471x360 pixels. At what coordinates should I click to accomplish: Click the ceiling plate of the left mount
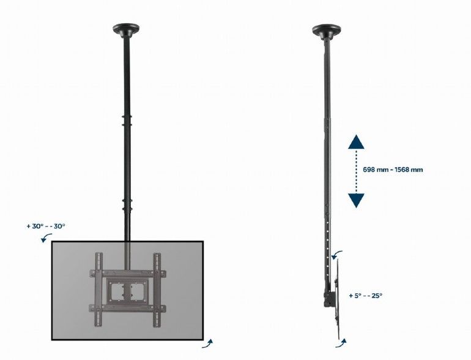(x=125, y=29)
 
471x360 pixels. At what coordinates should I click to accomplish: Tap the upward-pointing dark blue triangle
(x=356, y=143)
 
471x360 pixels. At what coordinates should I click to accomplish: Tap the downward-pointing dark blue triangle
(x=356, y=200)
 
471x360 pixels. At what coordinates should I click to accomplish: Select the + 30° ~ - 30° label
(x=46, y=226)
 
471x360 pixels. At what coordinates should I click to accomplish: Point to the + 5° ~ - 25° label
(x=365, y=295)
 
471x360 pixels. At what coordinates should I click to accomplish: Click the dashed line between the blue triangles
(x=356, y=172)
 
